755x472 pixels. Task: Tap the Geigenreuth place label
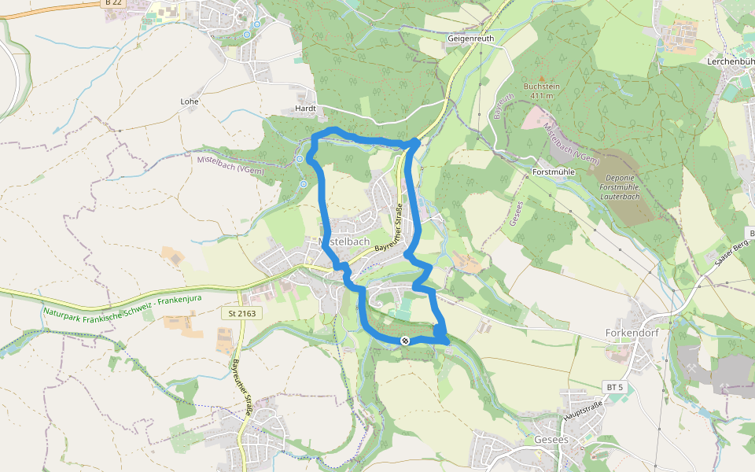tap(471, 38)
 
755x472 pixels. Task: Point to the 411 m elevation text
tap(542, 96)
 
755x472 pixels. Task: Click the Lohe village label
tap(190, 101)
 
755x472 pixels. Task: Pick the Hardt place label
tap(304, 109)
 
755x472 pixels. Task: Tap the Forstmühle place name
tap(554, 171)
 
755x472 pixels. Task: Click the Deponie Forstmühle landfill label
tap(620, 179)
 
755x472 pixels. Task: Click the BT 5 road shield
tap(614, 387)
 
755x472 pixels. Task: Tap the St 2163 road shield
tap(241, 313)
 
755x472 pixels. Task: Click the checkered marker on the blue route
tap(405, 340)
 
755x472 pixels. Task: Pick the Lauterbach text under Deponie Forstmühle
tap(620, 197)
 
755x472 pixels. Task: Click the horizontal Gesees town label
tap(551, 439)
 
